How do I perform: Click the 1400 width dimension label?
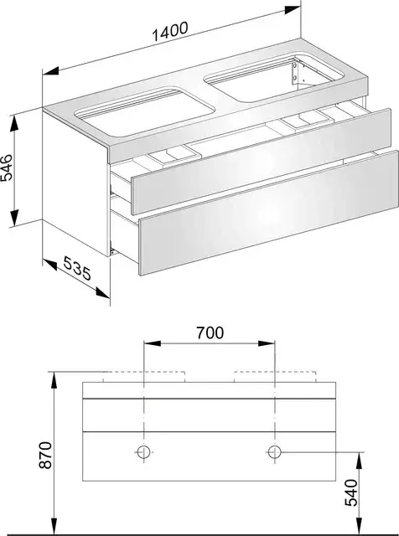[170, 32]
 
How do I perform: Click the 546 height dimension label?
[7, 167]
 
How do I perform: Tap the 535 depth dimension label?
[77, 269]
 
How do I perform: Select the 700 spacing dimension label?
[210, 332]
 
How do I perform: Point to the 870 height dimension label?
[45, 455]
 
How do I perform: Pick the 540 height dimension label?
[351, 492]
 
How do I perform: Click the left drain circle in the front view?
[143, 452]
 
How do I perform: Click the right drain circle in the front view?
[274, 452]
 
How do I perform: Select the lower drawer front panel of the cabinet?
[269, 213]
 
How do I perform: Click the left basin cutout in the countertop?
[145, 111]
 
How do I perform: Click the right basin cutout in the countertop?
[274, 77]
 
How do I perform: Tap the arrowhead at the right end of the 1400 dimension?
[293, 10]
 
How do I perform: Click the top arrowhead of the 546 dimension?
[14, 123]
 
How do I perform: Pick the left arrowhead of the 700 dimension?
[153, 343]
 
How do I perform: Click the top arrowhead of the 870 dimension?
[54, 380]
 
